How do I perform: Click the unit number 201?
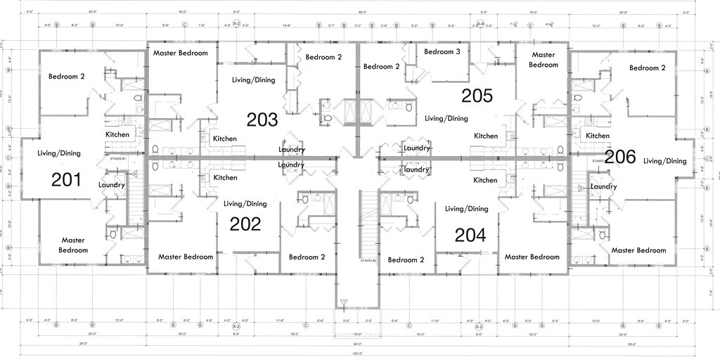(66, 180)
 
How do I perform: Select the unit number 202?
(245, 224)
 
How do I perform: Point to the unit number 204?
(470, 235)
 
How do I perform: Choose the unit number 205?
(477, 95)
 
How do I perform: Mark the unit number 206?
(620, 157)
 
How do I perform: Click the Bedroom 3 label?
(442, 51)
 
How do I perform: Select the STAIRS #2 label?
(367, 261)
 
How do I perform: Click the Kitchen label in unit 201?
(117, 134)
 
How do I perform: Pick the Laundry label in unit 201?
(112, 185)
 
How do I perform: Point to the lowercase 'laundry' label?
(416, 169)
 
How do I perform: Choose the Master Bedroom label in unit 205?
(544, 60)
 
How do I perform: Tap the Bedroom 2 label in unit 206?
(647, 68)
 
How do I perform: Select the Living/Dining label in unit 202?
(245, 204)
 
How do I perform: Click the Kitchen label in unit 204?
(485, 180)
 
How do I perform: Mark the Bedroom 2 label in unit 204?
(406, 259)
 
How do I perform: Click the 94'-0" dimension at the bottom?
(359, 345)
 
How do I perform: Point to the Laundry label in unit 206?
(604, 186)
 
